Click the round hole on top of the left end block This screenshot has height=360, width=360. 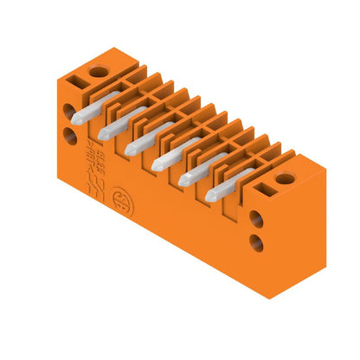tap(100, 70)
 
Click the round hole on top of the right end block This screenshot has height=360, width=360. tap(286, 180)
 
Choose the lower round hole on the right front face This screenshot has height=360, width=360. tap(257, 242)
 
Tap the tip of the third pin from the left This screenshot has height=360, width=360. tap(131, 149)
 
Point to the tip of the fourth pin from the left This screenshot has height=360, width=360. tap(157, 165)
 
